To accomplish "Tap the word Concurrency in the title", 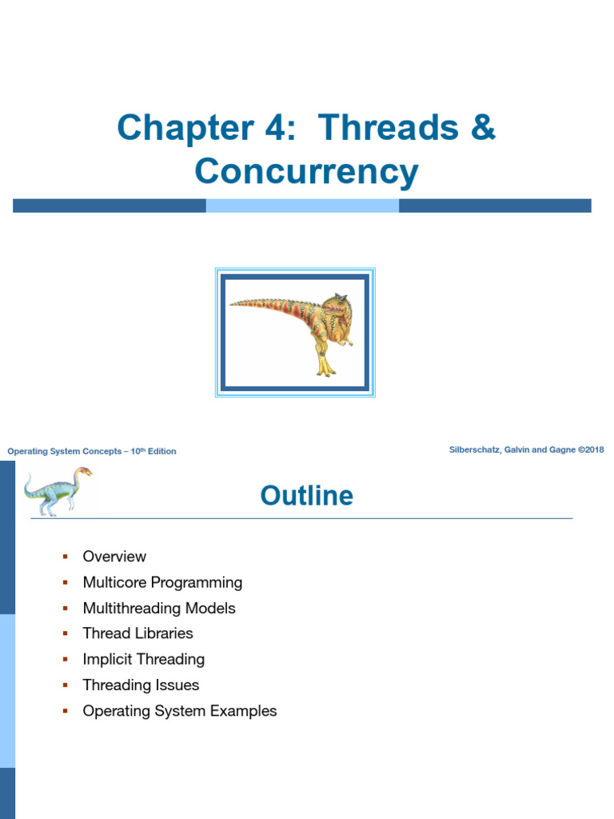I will [306, 172].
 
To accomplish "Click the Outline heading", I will [306, 496].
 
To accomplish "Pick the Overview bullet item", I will [114, 557].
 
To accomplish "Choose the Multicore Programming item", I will [162, 582].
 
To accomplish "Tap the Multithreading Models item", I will [159, 608].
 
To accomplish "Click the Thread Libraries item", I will [138, 633].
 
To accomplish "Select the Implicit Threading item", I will [143, 659].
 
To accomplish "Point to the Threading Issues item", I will [141, 685].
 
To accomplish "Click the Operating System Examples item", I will [180, 710].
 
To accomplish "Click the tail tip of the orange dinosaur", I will [233, 303].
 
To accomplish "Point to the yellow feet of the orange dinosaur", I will [325, 369].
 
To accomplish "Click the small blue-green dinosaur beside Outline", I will [56, 489].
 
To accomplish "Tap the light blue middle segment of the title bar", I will [302, 206].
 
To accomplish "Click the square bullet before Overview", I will [66, 557].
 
